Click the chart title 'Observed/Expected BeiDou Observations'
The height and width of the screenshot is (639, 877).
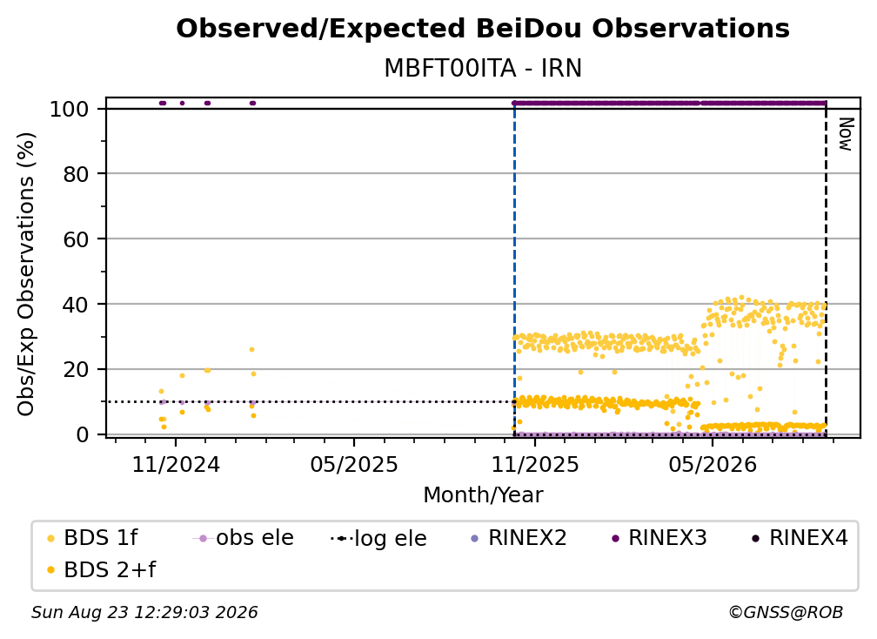(x=483, y=29)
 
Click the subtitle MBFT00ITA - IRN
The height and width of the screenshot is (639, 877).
(x=483, y=68)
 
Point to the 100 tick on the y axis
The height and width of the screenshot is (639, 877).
(x=70, y=109)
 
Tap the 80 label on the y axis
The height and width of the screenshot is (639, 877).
(x=76, y=174)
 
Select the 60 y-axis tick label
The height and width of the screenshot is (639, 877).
(x=76, y=239)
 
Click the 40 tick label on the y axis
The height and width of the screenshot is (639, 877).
(x=76, y=305)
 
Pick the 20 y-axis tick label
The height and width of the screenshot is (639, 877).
(x=76, y=370)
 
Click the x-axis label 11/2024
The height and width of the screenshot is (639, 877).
(x=176, y=464)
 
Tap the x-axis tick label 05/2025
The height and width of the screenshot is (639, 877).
(x=354, y=464)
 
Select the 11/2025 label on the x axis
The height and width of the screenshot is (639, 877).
(x=535, y=464)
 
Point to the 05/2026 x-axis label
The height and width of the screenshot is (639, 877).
(x=712, y=464)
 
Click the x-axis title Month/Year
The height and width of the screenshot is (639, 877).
(x=483, y=494)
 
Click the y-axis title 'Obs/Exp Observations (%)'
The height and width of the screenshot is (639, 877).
(x=26, y=273)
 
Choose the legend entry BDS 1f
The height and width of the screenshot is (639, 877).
(x=93, y=538)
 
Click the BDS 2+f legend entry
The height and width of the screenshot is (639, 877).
(x=101, y=569)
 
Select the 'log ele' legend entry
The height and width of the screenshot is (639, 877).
(x=378, y=538)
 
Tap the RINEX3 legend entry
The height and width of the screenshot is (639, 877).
(x=659, y=538)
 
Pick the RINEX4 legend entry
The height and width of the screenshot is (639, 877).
(x=800, y=538)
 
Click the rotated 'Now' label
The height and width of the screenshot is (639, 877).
(x=845, y=134)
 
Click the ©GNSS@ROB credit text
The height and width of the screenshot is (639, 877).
(x=786, y=612)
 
